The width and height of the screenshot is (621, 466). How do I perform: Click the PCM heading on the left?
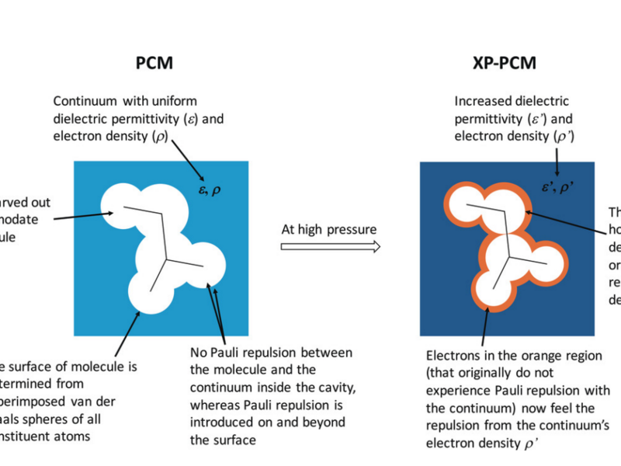tap(150, 64)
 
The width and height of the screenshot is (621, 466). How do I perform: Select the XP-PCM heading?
tap(507, 64)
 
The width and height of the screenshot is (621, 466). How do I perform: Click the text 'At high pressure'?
tap(330, 231)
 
